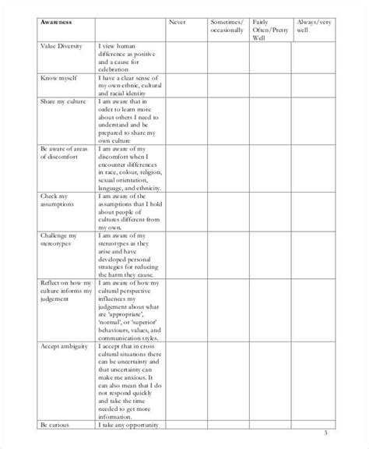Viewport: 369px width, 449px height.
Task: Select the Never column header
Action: coord(178,23)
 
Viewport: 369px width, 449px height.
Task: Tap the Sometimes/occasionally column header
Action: coord(227,27)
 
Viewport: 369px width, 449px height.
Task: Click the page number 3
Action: coord(325,434)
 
